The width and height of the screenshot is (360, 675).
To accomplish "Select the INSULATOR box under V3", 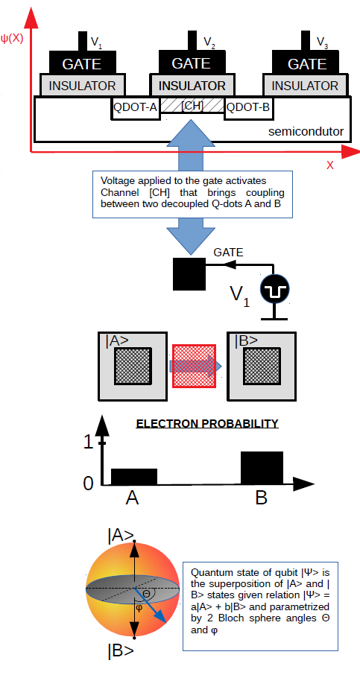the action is (305, 85).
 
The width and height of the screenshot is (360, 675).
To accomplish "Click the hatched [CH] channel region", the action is (192, 106).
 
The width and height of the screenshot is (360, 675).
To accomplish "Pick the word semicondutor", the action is (306, 131).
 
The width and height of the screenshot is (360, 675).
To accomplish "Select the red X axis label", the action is (330, 165).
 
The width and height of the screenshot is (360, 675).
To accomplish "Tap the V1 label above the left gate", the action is (96, 42).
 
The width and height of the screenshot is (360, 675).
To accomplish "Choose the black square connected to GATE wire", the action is (189, 273).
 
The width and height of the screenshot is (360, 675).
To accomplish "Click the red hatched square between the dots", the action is (194, 366).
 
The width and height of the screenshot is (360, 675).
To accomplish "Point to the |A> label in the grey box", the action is (117, 341).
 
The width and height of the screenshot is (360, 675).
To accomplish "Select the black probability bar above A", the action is (134, 477).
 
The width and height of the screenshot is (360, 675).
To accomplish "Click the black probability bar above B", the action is (262, 468).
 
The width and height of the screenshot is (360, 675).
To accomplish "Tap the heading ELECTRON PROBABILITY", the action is (207, 424).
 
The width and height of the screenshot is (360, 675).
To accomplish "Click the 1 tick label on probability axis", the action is (88, 443).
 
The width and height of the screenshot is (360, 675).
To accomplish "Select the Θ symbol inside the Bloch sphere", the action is (146, 594).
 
